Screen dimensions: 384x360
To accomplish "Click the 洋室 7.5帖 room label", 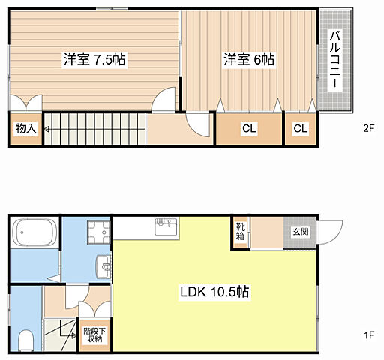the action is click(x=94, y=59).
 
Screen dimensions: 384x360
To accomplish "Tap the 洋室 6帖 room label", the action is click(x=249, y=59).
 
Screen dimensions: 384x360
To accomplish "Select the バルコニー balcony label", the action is click(x=335, y=59).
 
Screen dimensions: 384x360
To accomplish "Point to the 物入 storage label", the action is click(x=26, y=128).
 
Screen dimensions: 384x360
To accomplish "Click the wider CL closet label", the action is click(x=249, y=128).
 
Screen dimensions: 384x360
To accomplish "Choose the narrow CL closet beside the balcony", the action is click(x=300, y=128).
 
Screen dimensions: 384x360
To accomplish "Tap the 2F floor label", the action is click(x=369, y=128).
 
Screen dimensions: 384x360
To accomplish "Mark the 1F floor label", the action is click(x=369, y=334).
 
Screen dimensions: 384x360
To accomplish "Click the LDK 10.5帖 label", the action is click(x=214, y=292).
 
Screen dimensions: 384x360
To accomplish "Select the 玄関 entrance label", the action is click(x=301, y=232).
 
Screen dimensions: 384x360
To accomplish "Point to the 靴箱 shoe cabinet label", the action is click(x=241, y=232).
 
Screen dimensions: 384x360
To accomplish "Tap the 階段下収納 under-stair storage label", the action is click(x=94, y=335).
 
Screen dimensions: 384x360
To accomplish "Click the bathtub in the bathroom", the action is click(x=34, y=232).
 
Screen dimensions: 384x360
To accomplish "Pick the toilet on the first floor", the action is click(x=26, y=340).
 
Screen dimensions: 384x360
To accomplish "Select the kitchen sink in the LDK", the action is click(x=166, y=226).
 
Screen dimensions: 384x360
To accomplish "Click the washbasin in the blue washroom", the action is click(x=103, y=266).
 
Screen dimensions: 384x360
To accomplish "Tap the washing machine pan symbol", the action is click(x=98, y=232).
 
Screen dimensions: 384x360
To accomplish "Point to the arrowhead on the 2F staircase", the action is click(x=46, y=129).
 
